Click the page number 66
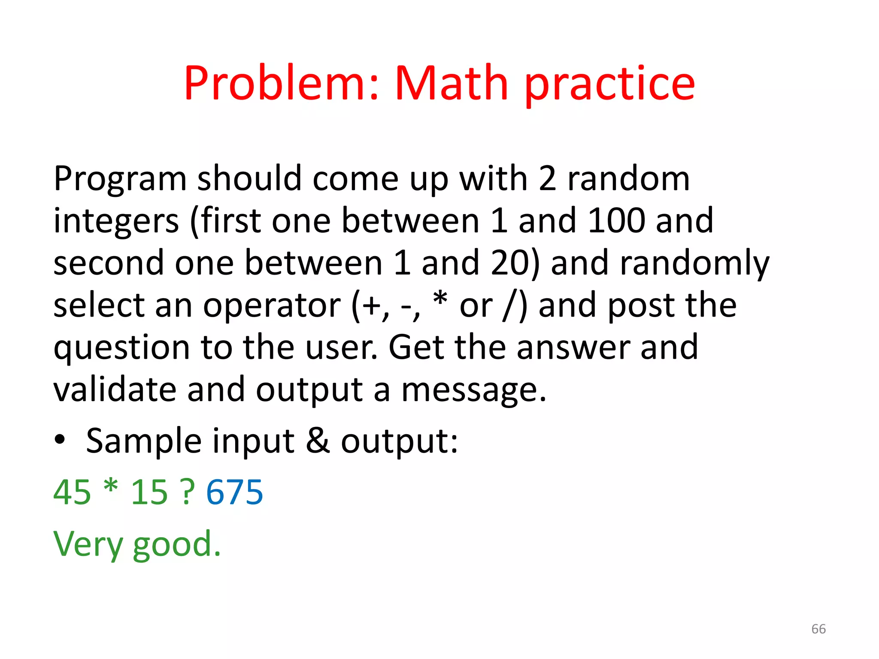click(818, 629)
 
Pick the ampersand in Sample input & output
click(318, 441)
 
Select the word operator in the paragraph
click(272, 305)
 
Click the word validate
click(115, 390)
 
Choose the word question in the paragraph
click(121, 348)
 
